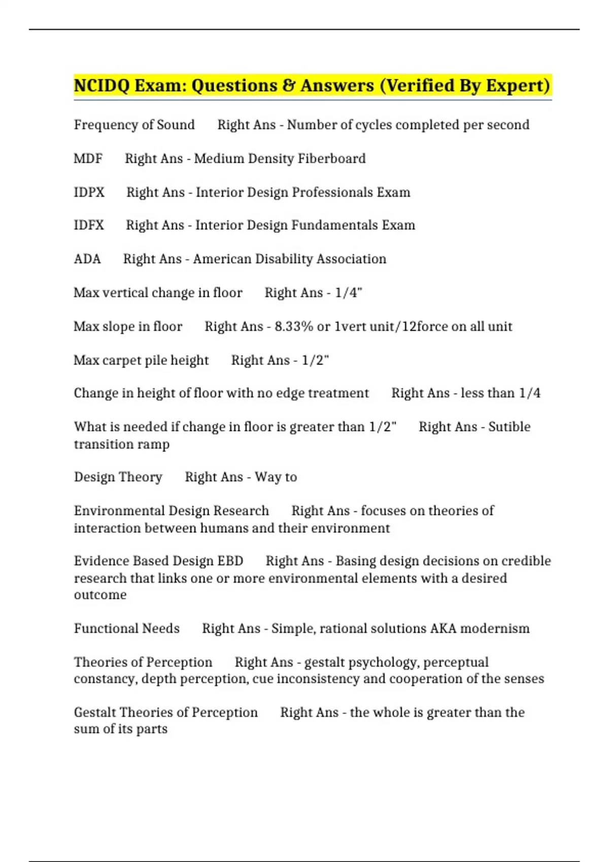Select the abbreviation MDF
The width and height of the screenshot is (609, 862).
88,159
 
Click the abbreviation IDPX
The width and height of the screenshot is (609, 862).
89,193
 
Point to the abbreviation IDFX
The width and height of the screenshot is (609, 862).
89,225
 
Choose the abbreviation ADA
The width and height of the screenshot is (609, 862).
87,259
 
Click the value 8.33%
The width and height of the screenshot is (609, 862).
294,327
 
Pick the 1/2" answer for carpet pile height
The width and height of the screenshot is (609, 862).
315,361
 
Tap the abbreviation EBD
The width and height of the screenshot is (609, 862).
230,561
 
